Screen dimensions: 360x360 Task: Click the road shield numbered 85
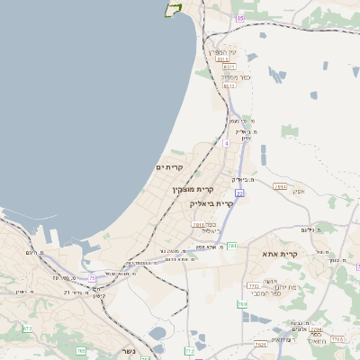point(239,18)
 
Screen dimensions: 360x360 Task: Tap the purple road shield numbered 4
point(227,142)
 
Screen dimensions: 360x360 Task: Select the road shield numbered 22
point(239,193)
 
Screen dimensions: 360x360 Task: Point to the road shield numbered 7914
point(280,186)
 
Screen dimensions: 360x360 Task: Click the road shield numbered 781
point(232,245)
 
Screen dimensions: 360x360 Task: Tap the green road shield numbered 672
point(27,328)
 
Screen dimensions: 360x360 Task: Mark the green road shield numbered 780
point(242,304)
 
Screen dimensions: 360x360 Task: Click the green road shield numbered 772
point(189,350)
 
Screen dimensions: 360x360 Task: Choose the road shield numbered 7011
point(199,225)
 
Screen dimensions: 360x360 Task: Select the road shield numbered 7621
point(260,343)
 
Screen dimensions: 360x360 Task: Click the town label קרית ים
point(169,167)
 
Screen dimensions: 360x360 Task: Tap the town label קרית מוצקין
point(193,189)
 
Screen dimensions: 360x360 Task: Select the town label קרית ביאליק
point(213,203)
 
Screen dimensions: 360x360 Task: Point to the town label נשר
point(128,350)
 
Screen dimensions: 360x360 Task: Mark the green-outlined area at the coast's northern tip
point(172,8)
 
